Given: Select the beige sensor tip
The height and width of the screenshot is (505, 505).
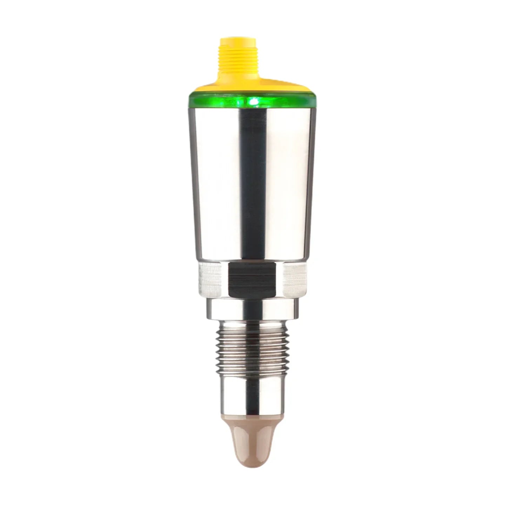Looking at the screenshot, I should [252, 435].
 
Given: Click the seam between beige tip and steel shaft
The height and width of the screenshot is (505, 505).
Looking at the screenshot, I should [252, 414].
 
